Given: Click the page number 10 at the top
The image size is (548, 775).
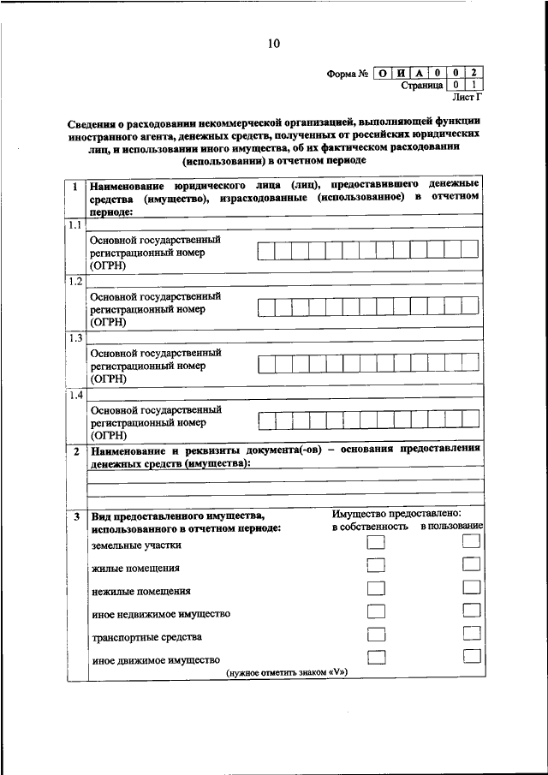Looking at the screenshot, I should click(x=273, y=44).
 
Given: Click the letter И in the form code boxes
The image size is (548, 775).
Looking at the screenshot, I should click(x=401, y=73).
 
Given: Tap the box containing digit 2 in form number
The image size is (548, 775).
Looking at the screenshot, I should click(x=473, y=73).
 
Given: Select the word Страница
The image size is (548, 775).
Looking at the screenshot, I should click(x=421, y=86).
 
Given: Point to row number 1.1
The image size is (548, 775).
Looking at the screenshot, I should click(x=74, y=225).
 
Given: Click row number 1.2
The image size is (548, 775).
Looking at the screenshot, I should click(x=74, y=281).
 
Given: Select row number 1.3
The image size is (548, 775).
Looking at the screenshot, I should click(x=74, y=337).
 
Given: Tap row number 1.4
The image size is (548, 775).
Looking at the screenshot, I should click(x=74, y=395).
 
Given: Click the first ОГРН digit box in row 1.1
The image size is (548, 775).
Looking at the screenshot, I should click(x=265, y=250).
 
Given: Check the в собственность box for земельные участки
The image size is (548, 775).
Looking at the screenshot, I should click(x=375, y=543).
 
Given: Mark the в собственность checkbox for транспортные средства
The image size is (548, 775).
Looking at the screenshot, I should click(x=375, y=635).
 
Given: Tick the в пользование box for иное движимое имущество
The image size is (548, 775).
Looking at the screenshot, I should click(x=470, y=656).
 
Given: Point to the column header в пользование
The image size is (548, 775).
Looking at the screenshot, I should click(x=451, y=526).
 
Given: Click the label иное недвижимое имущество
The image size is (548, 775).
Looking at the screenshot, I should click(x=160, y=614).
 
